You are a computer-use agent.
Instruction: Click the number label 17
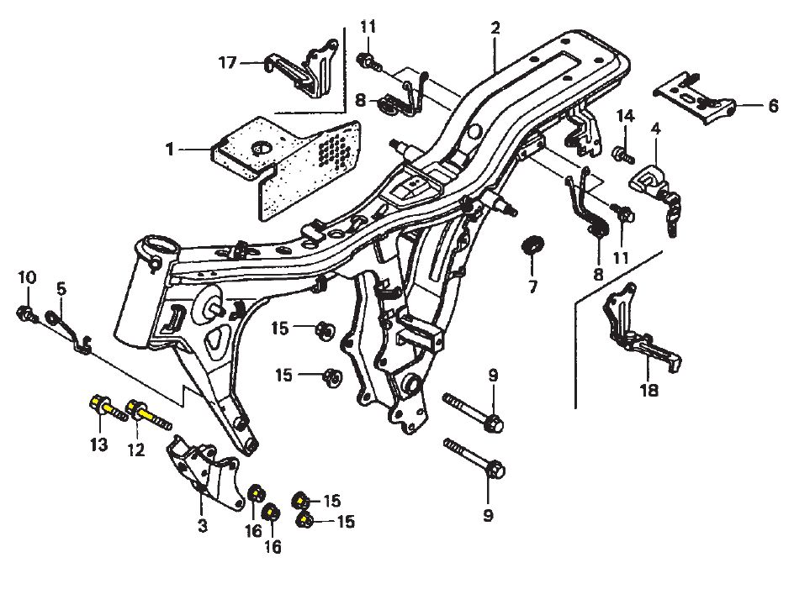pos(228,62)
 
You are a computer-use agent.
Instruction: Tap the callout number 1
pos(170,150)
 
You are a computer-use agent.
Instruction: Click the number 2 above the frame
pos(495,28)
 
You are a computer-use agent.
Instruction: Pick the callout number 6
pos(773,106)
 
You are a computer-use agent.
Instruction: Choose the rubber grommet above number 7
pos(532,246)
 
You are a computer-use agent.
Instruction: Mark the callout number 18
pos(648,391)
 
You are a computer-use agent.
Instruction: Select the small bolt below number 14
pos(622,154)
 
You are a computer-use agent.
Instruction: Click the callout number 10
pos(27,278)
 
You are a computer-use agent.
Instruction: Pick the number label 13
pos(99,444)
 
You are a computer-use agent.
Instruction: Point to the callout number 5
pos(61,288)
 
